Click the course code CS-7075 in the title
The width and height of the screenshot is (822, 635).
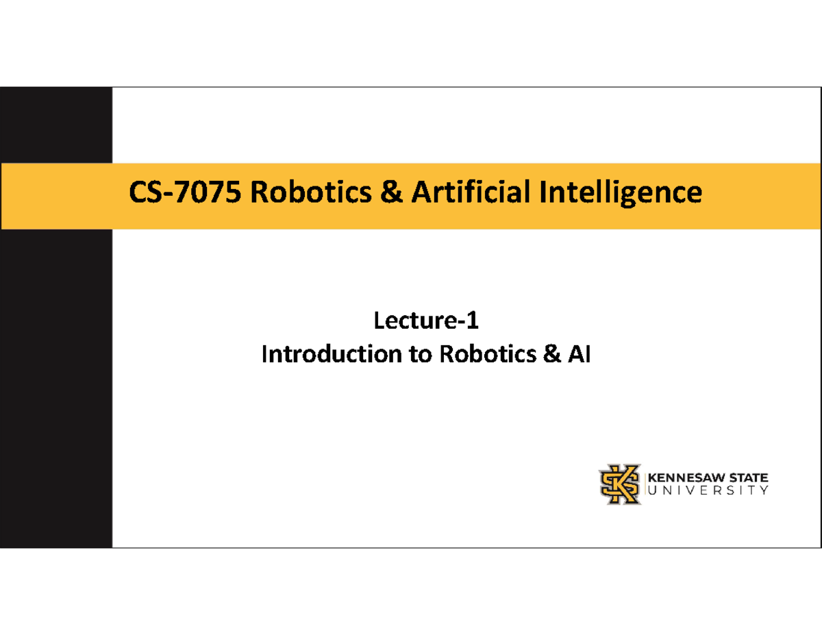(185, 192)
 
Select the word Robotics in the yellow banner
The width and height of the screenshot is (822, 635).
(311, 192)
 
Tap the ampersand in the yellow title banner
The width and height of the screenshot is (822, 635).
(392, 192)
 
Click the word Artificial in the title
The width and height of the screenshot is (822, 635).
(471, 191)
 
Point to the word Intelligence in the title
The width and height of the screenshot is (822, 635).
(621, 193)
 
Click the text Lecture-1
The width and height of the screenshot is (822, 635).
(426, 321)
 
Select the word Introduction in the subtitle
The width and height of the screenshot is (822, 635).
(332, 354)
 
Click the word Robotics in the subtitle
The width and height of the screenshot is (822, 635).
(488, 354)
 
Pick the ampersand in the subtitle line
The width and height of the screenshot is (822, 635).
(552, 354)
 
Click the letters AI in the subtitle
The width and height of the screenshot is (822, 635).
(579, 354)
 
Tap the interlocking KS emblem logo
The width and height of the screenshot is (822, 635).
(620, 484)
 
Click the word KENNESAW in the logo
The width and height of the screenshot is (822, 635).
(686, 477)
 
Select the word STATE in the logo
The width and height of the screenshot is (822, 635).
(749, 477)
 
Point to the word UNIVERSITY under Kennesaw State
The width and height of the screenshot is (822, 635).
(708, 490)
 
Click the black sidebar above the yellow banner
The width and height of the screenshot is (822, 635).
(56, 125)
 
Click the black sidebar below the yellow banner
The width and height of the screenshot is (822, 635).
(56, 388)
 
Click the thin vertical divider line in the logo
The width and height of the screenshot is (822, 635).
(645, 484)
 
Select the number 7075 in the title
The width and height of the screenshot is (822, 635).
(208, 192)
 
